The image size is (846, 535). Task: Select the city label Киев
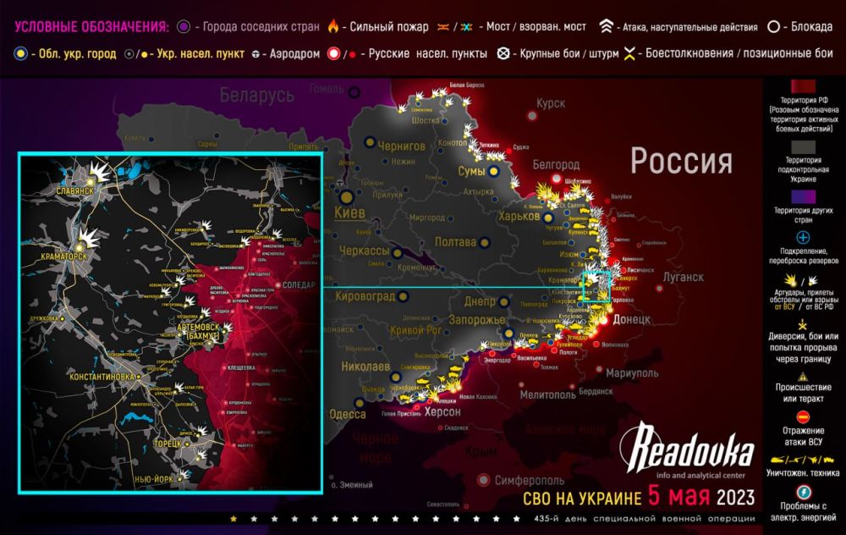(351, 212)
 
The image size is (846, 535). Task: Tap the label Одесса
(347, 414)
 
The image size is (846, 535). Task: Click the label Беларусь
(257, 96)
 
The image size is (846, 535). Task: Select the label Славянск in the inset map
(74, 190)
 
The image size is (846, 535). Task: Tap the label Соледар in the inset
(300, 285)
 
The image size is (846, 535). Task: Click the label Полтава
(455, 243)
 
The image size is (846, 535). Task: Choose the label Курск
(550, 103)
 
